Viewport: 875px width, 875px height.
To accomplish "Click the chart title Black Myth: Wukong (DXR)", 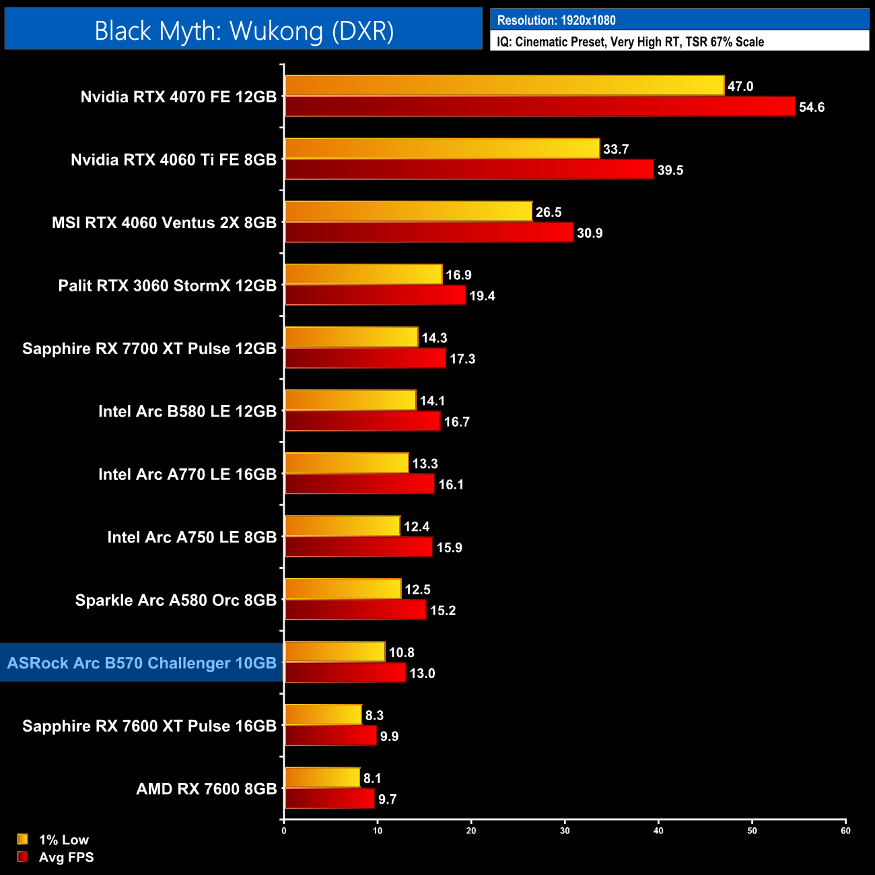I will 244,31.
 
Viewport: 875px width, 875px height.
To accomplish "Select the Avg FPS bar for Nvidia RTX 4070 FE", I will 540,106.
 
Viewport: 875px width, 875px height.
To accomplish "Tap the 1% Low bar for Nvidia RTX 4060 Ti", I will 442,149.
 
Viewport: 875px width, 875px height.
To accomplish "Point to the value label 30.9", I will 590,233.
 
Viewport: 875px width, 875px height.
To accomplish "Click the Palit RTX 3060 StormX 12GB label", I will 168,285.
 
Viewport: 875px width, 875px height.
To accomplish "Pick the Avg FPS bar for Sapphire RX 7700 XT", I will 365,358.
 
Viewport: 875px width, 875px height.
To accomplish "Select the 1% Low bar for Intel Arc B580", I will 351,400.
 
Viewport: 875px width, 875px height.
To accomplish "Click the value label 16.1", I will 451,485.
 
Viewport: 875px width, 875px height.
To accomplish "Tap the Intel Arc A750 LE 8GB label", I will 192,537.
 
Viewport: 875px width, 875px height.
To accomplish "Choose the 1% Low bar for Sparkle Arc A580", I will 343,589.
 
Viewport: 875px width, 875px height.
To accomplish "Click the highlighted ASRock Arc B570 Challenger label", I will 142,663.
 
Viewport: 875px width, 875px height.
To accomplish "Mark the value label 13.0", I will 422,673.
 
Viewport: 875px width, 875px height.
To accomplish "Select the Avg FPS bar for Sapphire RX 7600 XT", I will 330,736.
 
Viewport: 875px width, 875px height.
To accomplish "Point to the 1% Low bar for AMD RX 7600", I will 322,778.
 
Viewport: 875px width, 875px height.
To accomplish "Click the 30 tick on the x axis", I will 565,831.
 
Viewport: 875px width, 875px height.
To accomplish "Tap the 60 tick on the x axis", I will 845,831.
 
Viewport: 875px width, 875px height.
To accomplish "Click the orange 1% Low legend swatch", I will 23,839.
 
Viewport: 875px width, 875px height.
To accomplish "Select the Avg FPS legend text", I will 66,857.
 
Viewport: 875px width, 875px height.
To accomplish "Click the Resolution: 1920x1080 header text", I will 556,20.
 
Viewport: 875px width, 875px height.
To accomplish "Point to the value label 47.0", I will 740,86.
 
